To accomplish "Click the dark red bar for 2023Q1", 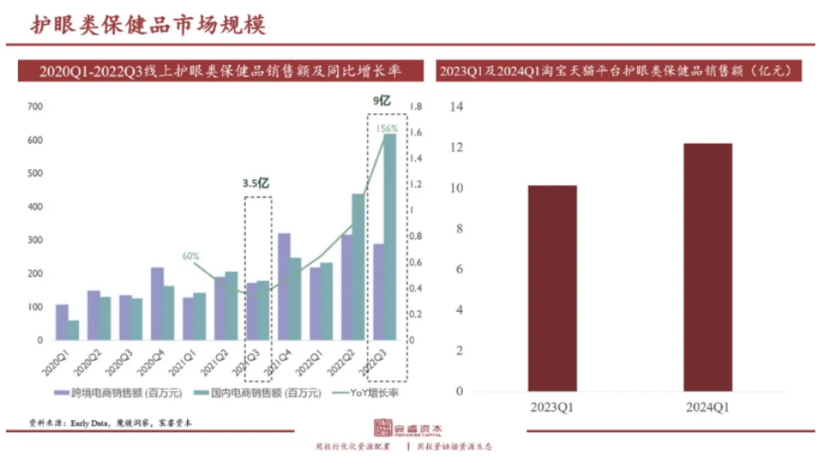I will tap(552, 288).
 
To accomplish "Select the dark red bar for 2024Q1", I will tap(707, 267).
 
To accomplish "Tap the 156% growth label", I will tap(388, 129).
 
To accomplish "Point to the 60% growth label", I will tap(190, 255).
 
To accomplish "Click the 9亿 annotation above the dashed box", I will tap(381, 101).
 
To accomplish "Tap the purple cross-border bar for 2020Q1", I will tap(62, 322).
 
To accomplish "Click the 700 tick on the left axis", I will tap(35, 107).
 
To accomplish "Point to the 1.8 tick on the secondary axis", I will tap(417, 107).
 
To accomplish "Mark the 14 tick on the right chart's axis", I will tap(455, 107).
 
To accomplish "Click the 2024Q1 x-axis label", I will tap(707, 408).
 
